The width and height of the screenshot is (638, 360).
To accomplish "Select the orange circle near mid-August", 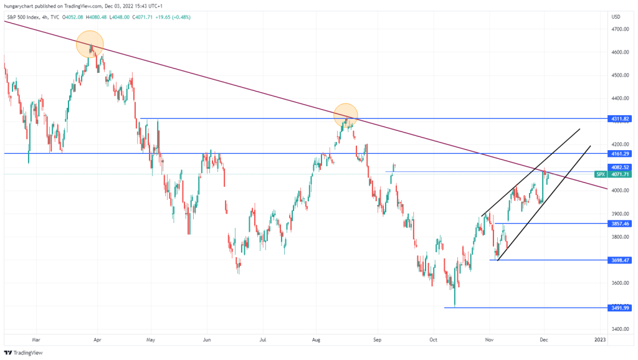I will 345,115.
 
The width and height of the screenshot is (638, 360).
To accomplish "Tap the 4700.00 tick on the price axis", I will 620,29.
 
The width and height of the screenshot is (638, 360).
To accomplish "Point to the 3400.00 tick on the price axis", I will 620,329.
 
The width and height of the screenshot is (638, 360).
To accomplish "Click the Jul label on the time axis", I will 264,339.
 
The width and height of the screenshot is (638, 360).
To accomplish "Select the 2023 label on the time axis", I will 599,339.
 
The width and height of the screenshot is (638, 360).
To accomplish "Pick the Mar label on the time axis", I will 36,339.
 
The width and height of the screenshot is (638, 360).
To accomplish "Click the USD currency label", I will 616,16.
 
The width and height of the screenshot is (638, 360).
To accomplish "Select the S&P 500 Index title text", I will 24,17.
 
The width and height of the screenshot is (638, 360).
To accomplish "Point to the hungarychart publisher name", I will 19,5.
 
